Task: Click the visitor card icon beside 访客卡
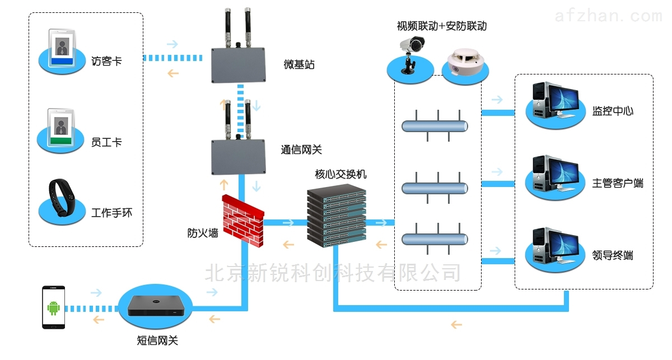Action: click(x=60, y=50)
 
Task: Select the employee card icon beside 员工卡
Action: click(x=59, y=130)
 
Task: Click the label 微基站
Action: click(x=299, y=65)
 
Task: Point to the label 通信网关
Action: click(x=301, y=150)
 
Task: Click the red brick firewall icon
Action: click(x=243, y=219)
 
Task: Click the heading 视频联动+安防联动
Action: click(x=441, y=26)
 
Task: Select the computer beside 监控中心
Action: click(x=553, y=103)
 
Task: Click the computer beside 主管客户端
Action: click(x=553, y=175)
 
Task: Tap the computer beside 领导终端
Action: click(x=553, y=247)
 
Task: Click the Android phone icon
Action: click(x=54, y=307)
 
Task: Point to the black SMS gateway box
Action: click(x=155, y=305)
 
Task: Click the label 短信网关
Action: click(x=157, y=340)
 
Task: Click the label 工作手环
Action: click(x=112, y=213)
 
